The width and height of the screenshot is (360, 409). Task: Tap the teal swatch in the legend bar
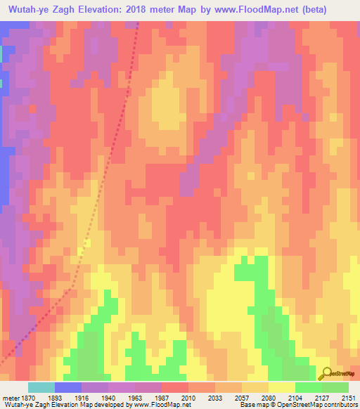[x=41, y=387]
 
